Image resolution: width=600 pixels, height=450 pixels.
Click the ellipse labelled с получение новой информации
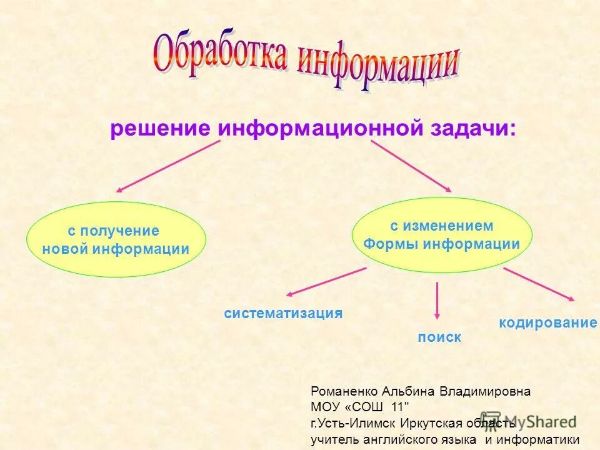[116, 239]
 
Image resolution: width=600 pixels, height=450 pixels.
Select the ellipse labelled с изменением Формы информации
[442, 235]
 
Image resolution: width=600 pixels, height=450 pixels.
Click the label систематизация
[283, 314]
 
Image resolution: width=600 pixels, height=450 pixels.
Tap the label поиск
[439, 337]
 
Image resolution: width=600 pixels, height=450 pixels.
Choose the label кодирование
[547, 323]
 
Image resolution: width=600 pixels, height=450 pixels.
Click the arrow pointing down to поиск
[437, 301]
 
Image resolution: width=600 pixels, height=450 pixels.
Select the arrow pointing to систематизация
[326, 281]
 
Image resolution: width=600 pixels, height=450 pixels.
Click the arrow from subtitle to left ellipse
[167, 166]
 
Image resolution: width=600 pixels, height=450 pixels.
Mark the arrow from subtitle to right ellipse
[411, 166]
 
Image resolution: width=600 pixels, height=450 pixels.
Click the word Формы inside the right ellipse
[391, 244]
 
